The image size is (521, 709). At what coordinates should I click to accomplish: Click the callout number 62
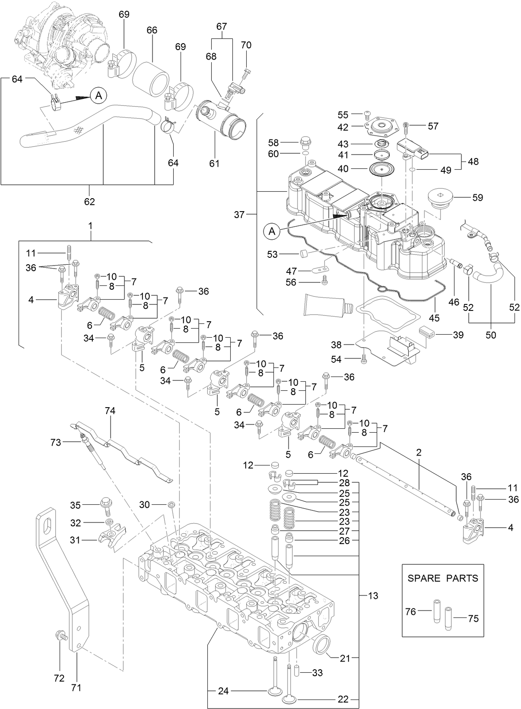point(89,201)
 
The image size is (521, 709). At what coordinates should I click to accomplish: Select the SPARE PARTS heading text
point(443,578)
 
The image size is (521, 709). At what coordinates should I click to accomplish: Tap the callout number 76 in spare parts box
point(411,611)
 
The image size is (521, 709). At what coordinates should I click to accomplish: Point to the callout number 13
point(372,596)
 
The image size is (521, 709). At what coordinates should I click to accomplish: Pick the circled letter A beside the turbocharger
point(98,95)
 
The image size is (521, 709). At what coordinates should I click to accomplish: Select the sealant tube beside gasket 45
point(327,305)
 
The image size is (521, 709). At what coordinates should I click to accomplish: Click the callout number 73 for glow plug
point(56,442)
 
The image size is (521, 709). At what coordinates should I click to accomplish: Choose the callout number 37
point(239,214)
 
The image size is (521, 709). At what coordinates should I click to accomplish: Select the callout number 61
point(214,163)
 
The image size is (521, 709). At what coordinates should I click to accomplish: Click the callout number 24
point(223,691)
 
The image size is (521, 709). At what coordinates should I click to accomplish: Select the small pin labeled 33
point(298,671)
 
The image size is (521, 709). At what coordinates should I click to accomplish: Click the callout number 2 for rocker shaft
point(419,453)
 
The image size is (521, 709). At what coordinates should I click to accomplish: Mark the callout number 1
point(91,225)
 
